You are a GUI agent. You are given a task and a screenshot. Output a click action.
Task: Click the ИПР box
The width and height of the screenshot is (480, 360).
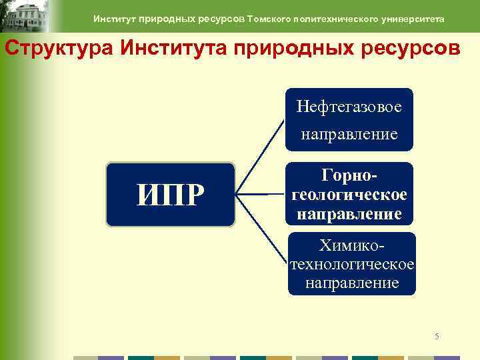coord(170,195)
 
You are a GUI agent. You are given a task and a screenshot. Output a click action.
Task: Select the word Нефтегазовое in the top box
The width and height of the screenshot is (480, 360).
coord(349,107)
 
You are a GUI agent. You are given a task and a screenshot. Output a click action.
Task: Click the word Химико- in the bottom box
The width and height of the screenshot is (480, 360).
coord(352,246)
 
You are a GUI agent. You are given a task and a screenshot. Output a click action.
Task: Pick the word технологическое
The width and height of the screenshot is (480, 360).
coord(352,265)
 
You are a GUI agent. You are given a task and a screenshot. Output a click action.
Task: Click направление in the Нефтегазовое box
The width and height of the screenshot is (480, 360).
coord(349,134)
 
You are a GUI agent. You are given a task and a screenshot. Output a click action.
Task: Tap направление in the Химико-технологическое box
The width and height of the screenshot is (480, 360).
coord(352,283)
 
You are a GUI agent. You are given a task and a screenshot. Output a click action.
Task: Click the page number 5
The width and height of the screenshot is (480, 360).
coord(437,336)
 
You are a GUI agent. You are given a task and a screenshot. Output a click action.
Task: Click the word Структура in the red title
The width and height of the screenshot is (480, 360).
coord(43,49)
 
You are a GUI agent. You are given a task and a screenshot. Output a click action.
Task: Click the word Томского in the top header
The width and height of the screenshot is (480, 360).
coord(271,19)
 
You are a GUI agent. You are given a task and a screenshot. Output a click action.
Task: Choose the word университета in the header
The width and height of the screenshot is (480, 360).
coord(414,19)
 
